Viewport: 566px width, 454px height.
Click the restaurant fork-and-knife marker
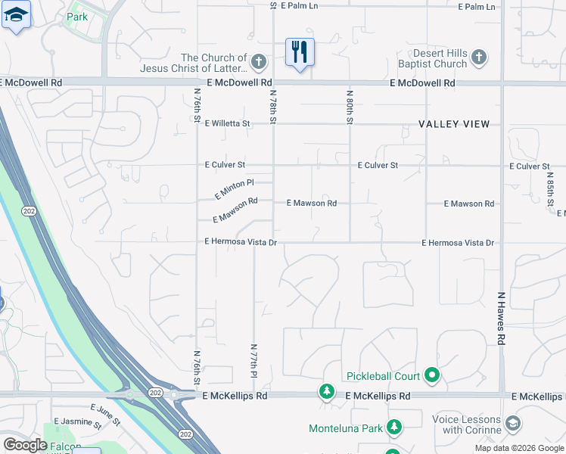(300, 52)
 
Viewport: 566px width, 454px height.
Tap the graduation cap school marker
(16, 15)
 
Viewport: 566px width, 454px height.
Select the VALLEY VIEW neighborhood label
(455, 124)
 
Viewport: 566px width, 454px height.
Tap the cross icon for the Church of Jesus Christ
(258, 61)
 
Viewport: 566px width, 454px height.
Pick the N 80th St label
(350, 106)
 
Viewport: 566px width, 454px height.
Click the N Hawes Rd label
(501, 318)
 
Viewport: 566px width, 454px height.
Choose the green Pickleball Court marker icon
(431, 375)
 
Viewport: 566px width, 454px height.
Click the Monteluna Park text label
(346, 428)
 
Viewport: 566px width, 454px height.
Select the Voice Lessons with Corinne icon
(512, 422)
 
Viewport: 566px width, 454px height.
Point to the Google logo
(25, 445)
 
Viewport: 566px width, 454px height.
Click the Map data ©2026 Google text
(518, 448)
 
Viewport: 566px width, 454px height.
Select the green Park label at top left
(76, 17)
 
